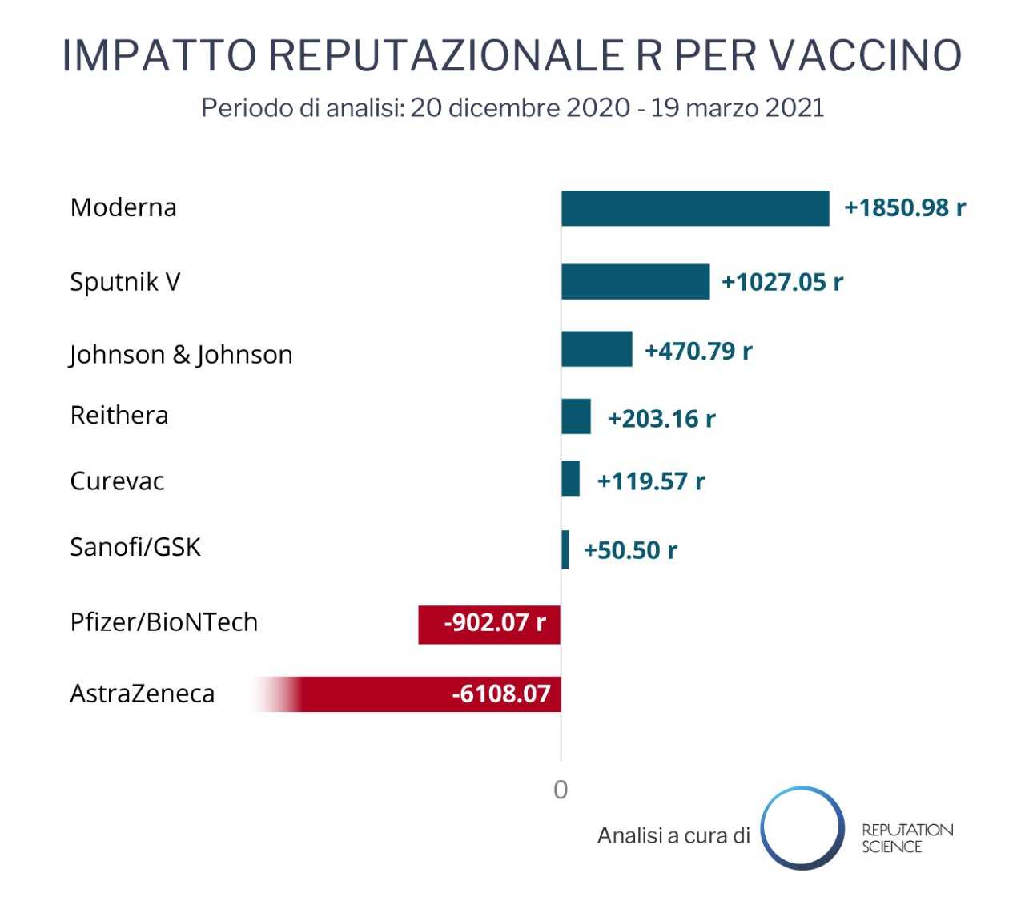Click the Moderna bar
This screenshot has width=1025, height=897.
click(x=695, y=208)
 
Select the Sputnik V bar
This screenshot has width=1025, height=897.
click(x=635, y=281)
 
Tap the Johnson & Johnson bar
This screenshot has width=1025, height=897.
click(x=597, y=349)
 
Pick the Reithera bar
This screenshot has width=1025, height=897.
click(x=576, y=416)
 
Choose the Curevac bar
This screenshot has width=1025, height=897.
click(x=570, y=478)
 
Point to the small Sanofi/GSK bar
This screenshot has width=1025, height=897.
click(x=565, y=549)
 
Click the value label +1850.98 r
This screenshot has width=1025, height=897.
click(x=905, y=208)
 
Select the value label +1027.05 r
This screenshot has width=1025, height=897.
click(x=782, y=282)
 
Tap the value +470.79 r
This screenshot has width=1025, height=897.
click(x=698, y=351)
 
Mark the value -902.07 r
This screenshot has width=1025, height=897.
click(x=495, y=622)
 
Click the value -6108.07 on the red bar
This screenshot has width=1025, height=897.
click(x=501, y=694)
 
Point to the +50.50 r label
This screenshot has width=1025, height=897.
click(x=630, y=550)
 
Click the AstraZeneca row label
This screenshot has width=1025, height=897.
click(x=143, y=693)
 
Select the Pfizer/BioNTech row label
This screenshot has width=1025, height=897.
click(x=164, y=621)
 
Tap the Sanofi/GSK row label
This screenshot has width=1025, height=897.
click(x=135, y=547)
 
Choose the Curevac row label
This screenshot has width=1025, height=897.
click(x=117, y=481)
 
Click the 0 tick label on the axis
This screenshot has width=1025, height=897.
click(x=561, y=790)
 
